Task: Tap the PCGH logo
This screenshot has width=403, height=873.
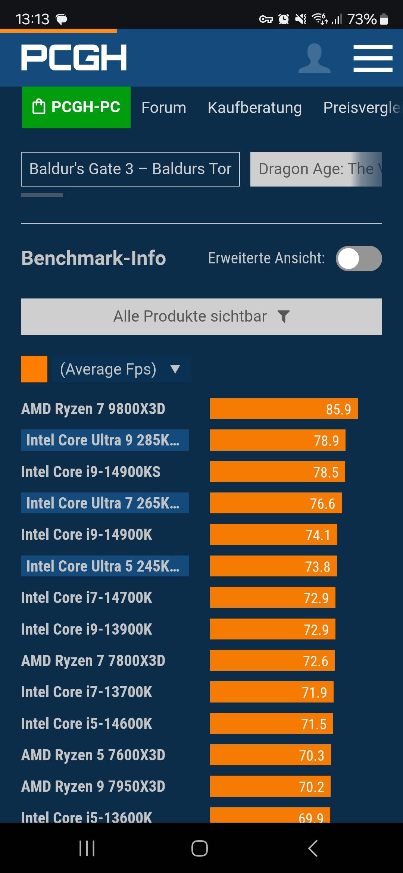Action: click(x=74, y=57)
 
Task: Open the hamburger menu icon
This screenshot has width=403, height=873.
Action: click(x=373, y=58)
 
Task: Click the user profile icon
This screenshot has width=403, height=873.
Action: click(x=314, y=58)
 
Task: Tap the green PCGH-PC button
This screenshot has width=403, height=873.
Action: click(x=76, y=107)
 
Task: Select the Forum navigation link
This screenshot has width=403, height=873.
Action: click(x=163, y=108)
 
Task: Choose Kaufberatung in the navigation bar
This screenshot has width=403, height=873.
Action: click(x=254, y=108)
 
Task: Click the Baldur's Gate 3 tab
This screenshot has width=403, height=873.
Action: click(x=130, y=169)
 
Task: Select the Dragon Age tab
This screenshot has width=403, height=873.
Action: click(x=316, y=169)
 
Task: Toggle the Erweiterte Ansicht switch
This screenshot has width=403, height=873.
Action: click(x=359, y=259)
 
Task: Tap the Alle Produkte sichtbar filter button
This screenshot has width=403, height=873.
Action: click(x=201, y=317)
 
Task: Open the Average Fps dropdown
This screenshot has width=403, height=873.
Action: click(x=122, y=369)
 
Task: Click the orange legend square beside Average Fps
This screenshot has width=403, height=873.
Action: click(x=34, y=369)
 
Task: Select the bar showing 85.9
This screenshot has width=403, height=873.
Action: click(x=284, y=409)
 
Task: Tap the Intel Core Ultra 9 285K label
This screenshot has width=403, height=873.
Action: click(x=104, y=440)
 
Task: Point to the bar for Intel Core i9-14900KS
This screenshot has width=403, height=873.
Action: click(x=277, y=472)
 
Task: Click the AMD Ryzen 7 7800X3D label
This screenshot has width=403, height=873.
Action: click(x=93, y=661)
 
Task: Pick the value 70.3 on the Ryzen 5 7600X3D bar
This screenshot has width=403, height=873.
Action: click(x=312, y=755)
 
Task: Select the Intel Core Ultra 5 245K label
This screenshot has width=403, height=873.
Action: click(x=104, y=566)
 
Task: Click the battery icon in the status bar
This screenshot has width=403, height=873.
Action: click(x=384, y=19)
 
